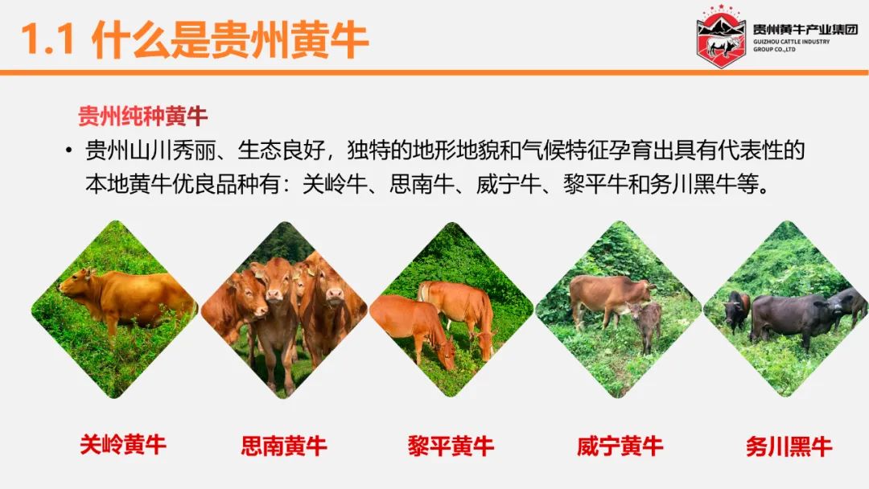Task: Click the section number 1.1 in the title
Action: point(47,39)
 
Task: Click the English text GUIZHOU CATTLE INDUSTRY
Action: point(792,42)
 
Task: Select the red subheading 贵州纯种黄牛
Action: point(142,117)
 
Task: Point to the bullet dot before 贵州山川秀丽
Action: point(68,150)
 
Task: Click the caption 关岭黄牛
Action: point(123,445)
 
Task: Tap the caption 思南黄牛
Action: point(284,446)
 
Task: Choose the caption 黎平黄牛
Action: point(451,446)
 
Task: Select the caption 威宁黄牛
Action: point(620,446)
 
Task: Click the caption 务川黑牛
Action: point(789,446)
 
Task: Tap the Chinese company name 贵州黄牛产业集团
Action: point(805,29)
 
